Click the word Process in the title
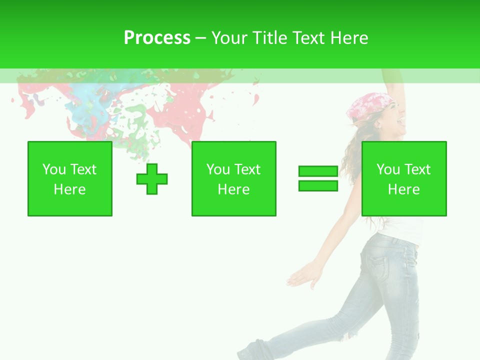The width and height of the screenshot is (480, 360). point(157,38)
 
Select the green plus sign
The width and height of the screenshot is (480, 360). point(152,179)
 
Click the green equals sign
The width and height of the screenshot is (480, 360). point(318,178)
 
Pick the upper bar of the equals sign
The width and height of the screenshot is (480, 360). point(318,171)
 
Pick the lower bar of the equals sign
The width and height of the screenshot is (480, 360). point(318,185)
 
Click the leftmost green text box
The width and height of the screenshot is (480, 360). point(70,178)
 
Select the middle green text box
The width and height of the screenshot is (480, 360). point(234,178)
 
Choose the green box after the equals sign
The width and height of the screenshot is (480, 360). point(404,178)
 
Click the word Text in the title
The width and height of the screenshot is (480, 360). point(308,38)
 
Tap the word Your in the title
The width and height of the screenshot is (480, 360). point(229,38)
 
